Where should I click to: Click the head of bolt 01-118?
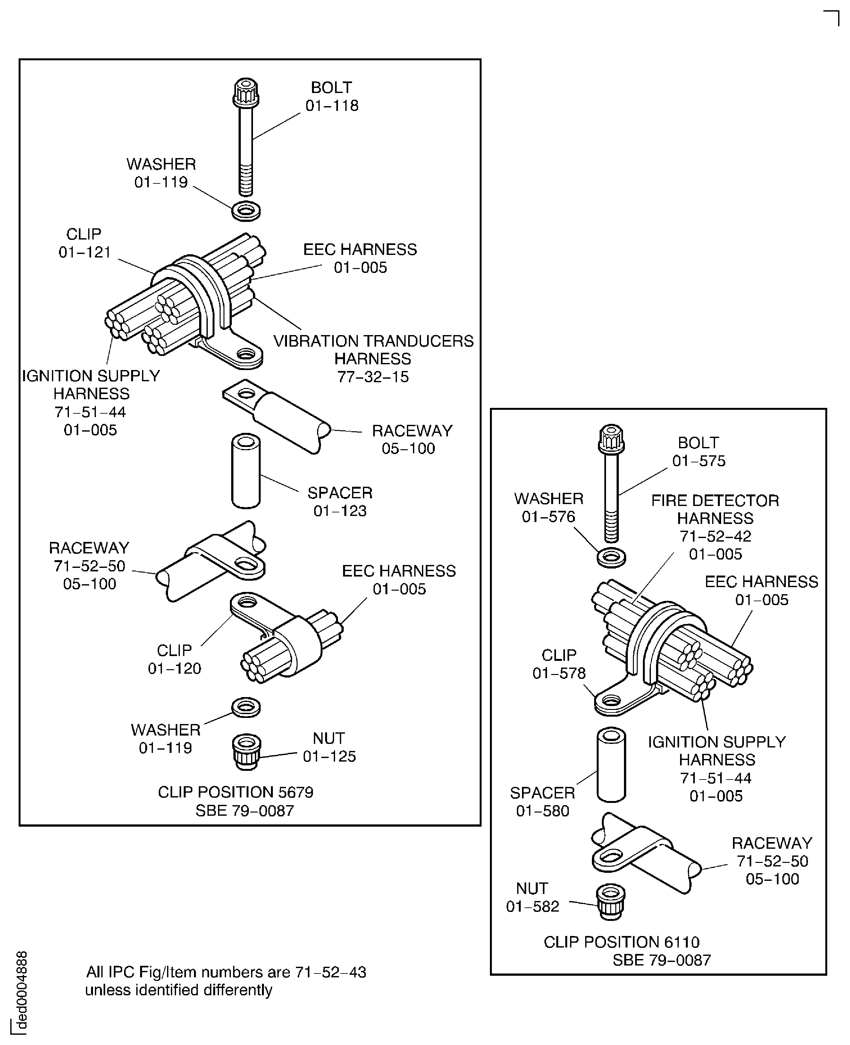pyautogui.click(x=246, y=92)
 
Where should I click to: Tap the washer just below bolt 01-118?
pyautogui.click(x=246, y=211)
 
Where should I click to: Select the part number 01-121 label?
pyautogui.click(x=85, y=252)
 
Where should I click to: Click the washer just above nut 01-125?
pyautogui.click(x=246, y=707)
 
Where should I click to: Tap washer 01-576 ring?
pyautogui.click(x=611, y=557)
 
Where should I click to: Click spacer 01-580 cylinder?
pyautogui.click(x=611, y=764)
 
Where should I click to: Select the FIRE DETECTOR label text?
pyautogui.click(x=715, y=501)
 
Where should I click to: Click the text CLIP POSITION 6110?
pyautogui.click(x=621, y=942)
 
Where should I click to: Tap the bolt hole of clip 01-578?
pyautogui.click(x=610, y=700)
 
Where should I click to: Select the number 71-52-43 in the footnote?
pyautogui.click(x=331, y=972)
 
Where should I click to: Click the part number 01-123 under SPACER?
pyautogui.click(x=340, y=511)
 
